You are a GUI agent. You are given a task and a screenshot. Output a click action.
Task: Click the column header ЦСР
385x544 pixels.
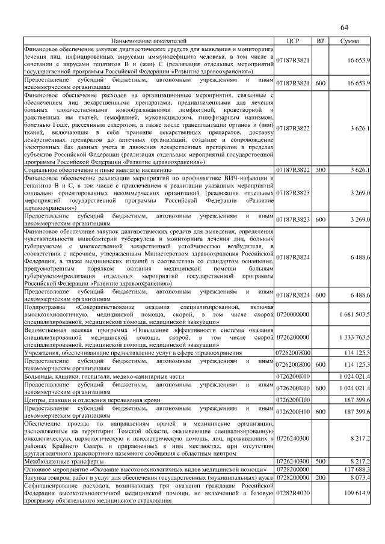pyautogui.click(x=293, y=40)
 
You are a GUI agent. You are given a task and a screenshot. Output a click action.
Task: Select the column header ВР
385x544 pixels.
pyautogui.click(x=320, y=40)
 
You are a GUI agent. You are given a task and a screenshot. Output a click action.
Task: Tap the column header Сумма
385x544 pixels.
pyautogui.click(x=350, y=40)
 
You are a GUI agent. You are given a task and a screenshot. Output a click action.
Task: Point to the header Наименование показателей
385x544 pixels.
pyautogui.click(x=149, y=40)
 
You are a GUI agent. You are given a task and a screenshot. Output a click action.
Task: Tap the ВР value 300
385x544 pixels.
pyautogui.click(x=320, y=171)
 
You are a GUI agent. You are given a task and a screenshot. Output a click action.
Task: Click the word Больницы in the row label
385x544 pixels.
pyautogui.click(x=38, y=376)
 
